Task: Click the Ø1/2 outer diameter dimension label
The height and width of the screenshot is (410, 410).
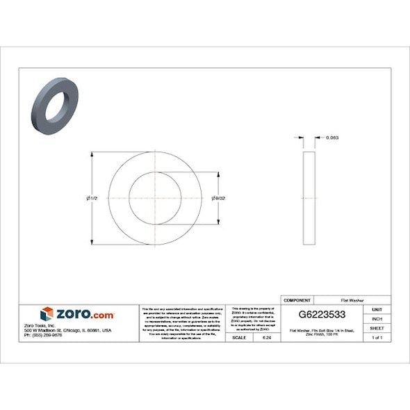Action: [x=91, y=199]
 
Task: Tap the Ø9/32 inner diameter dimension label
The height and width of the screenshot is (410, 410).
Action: [x=218, y=199]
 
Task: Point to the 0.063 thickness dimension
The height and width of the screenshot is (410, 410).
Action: [x=332, y=138]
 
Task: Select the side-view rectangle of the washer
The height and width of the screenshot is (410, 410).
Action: [x=309, y=199]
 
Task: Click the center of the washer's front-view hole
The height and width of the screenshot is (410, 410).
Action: [x=155, y=199]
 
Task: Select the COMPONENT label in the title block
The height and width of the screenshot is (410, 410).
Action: [x=297, y=297]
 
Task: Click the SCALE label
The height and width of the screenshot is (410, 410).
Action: [x=239, y=337]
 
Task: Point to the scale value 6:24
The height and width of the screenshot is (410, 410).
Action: [x=266, y=337]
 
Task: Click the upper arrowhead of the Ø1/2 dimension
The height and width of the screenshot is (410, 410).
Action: [x=93, y=155]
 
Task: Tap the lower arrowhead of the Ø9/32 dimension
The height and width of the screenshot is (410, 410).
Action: [x=220, y=222]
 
